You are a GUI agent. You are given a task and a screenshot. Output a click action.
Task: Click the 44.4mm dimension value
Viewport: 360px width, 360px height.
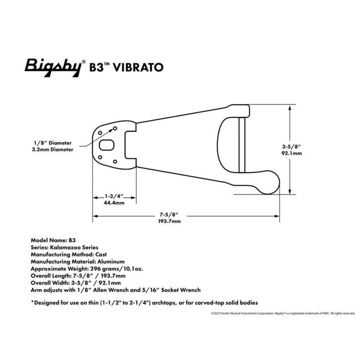(114, 203)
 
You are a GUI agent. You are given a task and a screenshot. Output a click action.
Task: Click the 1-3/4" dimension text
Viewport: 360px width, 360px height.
(114, 195)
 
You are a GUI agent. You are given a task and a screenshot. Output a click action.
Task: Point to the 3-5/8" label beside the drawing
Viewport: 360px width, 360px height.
(292, 146)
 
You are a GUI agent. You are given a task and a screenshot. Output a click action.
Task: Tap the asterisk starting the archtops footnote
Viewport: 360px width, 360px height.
(33, 302)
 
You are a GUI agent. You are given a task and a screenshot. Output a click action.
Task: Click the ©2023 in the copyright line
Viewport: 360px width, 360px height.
(216, 313)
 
